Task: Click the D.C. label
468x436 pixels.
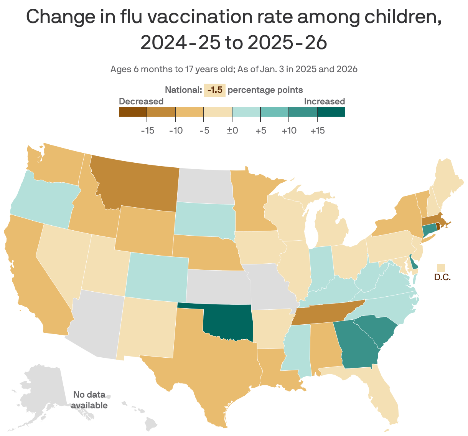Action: click(442, 277)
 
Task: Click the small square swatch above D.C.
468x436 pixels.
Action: click(442, 268)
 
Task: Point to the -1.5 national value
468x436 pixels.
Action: click(214, 90)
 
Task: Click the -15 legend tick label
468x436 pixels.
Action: click(147, 130)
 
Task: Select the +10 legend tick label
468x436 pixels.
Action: click(289, 130)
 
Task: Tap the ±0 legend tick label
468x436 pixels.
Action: click(232, 130)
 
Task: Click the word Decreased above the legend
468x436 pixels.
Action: click(141, 101)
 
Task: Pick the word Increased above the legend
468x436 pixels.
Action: click(324, 101)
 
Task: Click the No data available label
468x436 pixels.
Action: click(89, 400)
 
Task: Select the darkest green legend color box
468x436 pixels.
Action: click(331, 112)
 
